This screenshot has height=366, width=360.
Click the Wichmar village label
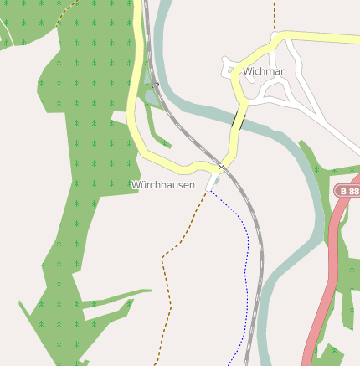point(264,72)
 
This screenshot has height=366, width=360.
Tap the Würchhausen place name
point(162,184)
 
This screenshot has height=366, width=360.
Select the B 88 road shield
point(349,192)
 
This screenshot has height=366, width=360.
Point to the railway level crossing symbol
point(222,166)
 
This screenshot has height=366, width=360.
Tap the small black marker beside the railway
point(156,85)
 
